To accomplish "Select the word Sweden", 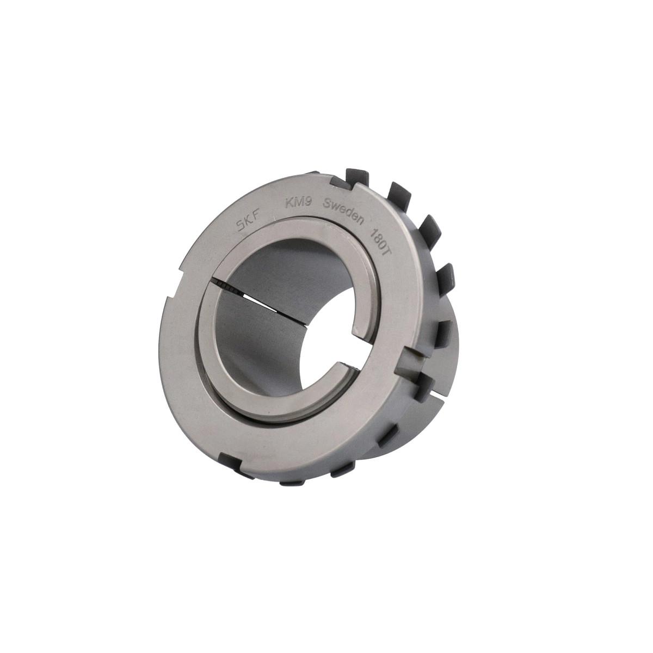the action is pyautogui.click(x=343, y=212).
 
